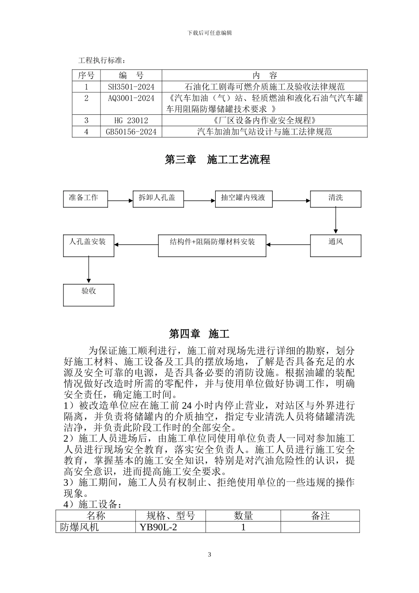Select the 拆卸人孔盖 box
pyautogui.click(x=158, y=199)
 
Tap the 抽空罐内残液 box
pyautogui.click(x=243, y=199)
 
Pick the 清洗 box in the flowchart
pyautogui.click(x=335, y=199)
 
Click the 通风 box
pyautogui.click(x=335, y=245)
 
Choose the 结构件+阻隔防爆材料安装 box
pyautogui.click(x=212, y=245)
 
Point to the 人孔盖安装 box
pyautogui.click(x=88, y=245)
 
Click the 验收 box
pyautogui.click(x=88, y=295)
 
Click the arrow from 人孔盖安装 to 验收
pyautogui.click(x=89, y=270)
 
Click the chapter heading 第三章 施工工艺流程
pyautogui.click(x=217, y=160)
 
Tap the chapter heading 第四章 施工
pyautogui.click(x=199, y=334)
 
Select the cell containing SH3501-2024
pyautogui.click(x=131, y=87)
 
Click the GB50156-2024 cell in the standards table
pyautogui.click(x=131, y=131)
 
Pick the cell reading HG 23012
pyautogui.click(x=131, y=120)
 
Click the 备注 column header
pyautogui.click(x=320, y=515)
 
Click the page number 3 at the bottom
pyautogui.click(x=209, y=555)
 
